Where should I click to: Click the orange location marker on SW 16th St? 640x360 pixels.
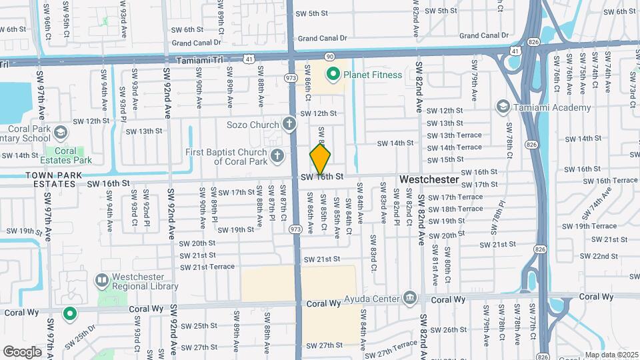pyautogui.click(x=320, y=161)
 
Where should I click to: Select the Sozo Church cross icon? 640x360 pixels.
pyautogui.click(x=289, y=124)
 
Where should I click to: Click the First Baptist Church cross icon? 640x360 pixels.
pyautogui.click(x=278, y=156)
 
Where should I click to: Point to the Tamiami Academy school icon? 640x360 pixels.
pyautogui.click(x=503, y=107)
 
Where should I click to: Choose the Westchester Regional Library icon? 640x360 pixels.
pyautogui.click(x=102, y=280)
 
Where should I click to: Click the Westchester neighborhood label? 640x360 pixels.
pyautogui.click(x=429, y=180)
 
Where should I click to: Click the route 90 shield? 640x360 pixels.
pyautogui.click(x=329, y=57)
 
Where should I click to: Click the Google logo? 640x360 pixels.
pyautogui.click(x=22, y=351)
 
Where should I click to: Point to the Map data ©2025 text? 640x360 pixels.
pyautogui.click(x=611, y=355)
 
